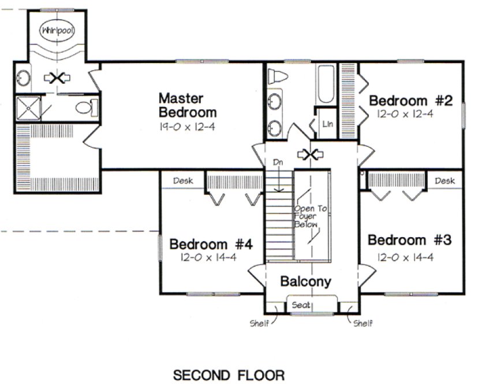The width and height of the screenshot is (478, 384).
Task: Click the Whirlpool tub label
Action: [x=57, y=31]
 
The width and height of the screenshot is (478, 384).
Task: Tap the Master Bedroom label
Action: [x=188, y=105]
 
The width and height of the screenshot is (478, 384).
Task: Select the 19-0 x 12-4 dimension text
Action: [x=188, y=126]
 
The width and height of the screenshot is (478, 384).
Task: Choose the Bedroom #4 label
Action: [x=211, y=243]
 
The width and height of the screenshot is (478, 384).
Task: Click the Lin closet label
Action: [x=327, y=123]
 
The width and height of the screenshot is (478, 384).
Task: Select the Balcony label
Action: [x=305, y=282]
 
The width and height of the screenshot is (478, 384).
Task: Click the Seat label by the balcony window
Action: [x=301, y=305]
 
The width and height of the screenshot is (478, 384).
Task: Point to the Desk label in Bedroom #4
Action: [x=181, y=181]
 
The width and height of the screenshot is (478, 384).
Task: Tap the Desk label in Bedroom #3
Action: [x=445, y=181]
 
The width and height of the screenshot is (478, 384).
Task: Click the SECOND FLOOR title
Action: [x=229, y=375]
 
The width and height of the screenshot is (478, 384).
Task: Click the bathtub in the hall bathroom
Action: [x=327, y=84]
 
